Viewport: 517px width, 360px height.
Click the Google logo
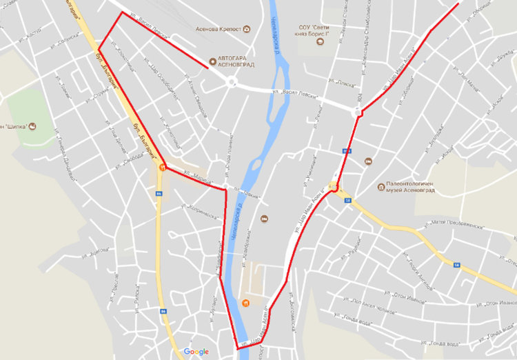(x=196, y=352)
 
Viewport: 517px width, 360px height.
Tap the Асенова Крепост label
(x=219, y=29)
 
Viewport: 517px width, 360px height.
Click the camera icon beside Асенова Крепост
(x=246, y=29)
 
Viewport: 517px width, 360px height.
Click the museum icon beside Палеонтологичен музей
(x=381, y=186)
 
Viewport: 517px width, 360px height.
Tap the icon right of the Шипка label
(x=32, y=126)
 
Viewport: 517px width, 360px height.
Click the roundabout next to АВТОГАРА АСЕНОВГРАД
(x=230, y=83)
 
